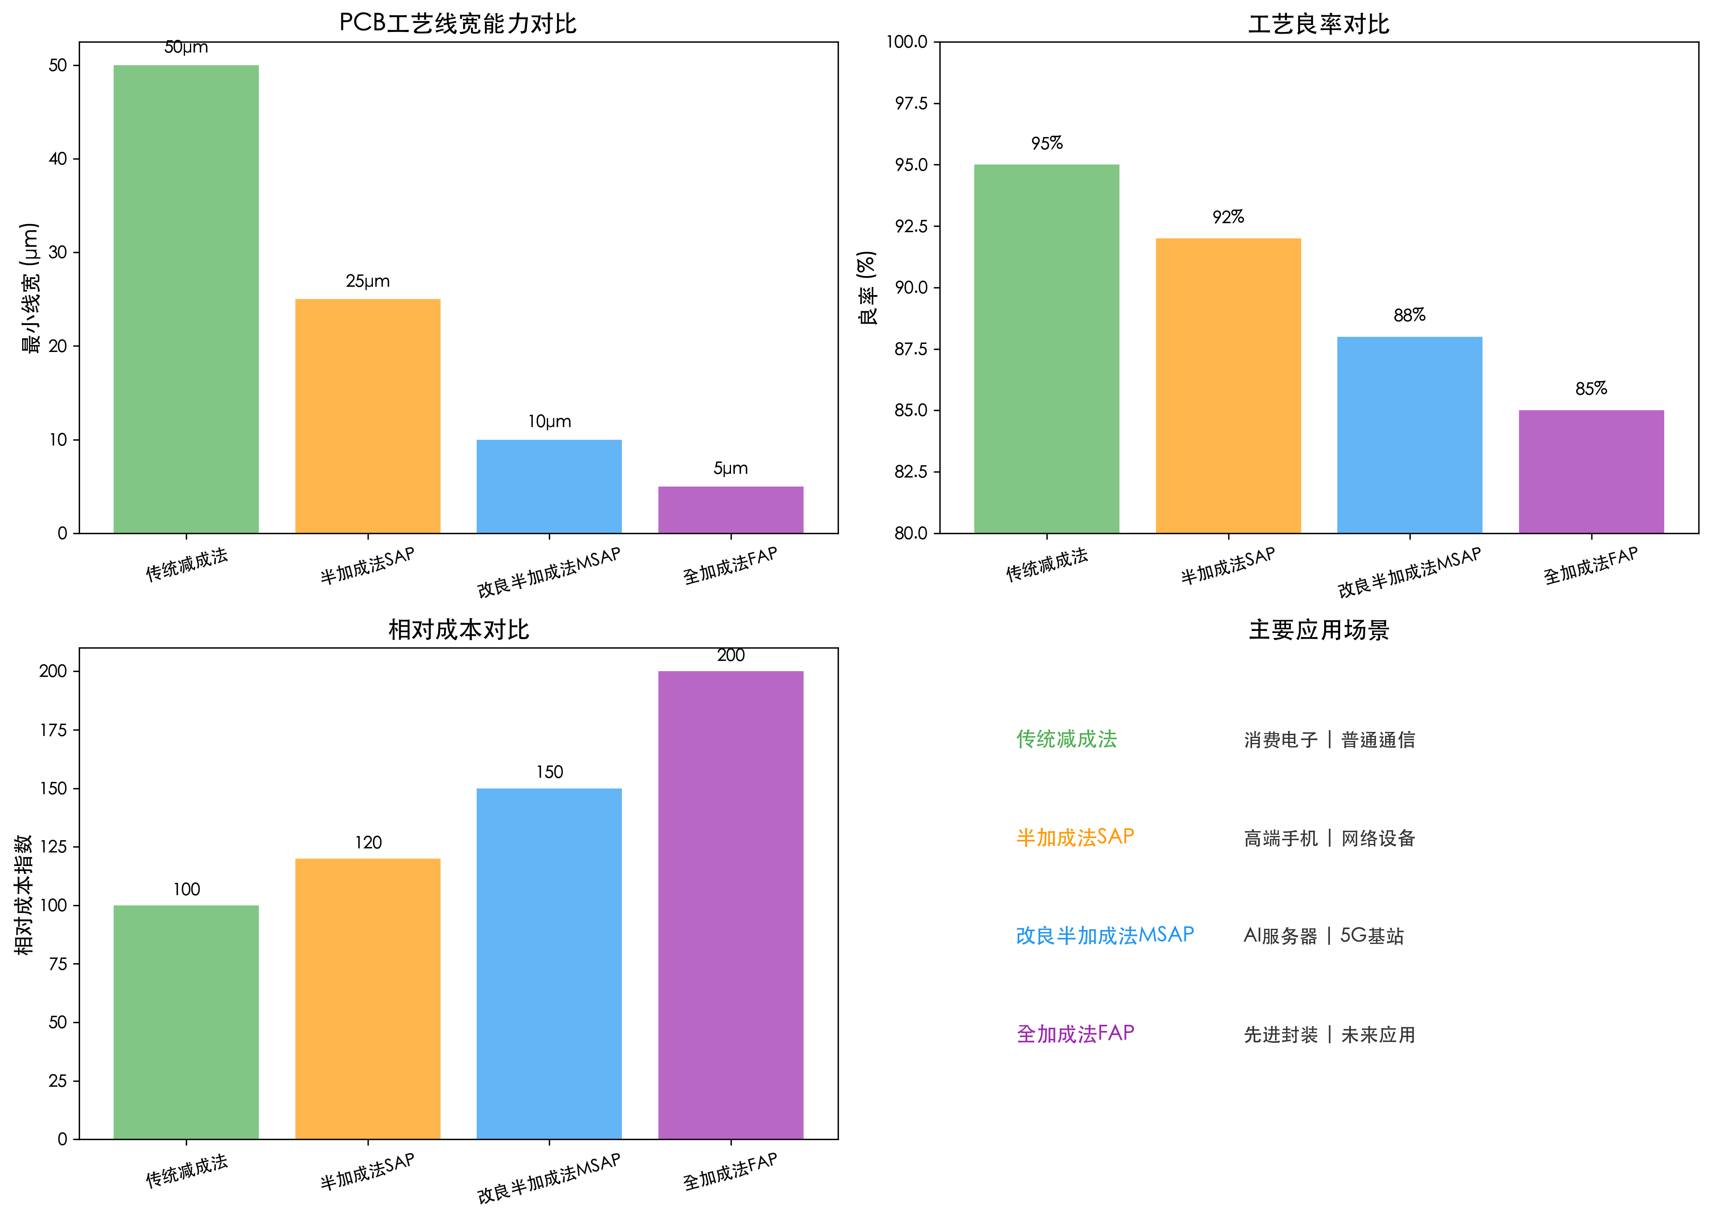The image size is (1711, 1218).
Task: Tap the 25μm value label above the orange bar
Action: pos(368,281)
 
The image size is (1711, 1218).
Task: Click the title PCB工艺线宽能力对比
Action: pos(457,23)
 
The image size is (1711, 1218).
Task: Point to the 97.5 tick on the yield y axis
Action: pos(911,103)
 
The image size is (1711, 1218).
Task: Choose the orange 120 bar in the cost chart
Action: pos(368,998)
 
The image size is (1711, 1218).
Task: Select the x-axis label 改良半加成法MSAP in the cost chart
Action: pos(549,1177)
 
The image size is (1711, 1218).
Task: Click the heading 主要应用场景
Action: pos(1318,629)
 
